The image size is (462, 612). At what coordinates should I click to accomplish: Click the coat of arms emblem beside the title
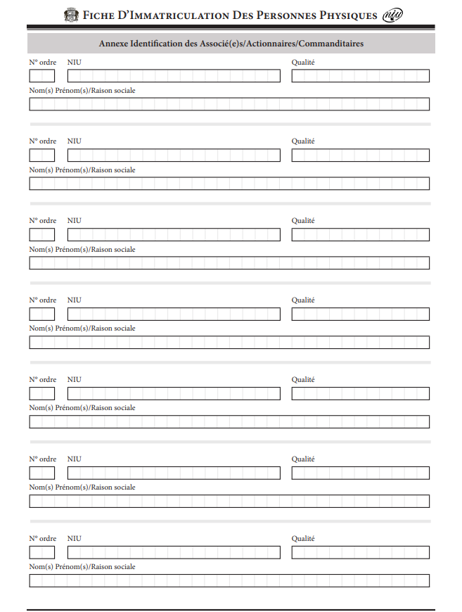coord(71,15)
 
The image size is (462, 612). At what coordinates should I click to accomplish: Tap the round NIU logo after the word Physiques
coord(392,15)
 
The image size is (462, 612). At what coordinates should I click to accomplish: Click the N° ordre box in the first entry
coord(41,76)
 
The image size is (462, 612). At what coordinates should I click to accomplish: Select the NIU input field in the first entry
coord(174,76)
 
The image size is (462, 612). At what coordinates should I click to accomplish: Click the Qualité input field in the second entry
coord(360,155)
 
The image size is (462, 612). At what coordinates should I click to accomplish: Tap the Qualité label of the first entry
coord(303,62)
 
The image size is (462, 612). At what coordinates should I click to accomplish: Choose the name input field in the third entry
coord(229,263)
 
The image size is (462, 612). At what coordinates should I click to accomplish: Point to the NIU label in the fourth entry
coord(74,300)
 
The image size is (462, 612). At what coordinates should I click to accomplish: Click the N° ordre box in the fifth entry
coord(41,394)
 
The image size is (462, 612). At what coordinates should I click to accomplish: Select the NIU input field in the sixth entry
coord(174,473)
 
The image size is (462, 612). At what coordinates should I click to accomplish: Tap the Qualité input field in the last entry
coord(360,553)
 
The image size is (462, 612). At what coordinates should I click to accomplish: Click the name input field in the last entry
coord(229,581)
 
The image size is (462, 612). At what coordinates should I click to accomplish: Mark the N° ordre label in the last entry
coord(43,539)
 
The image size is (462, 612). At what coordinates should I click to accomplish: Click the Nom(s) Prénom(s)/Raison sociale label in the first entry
coord(82,91)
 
